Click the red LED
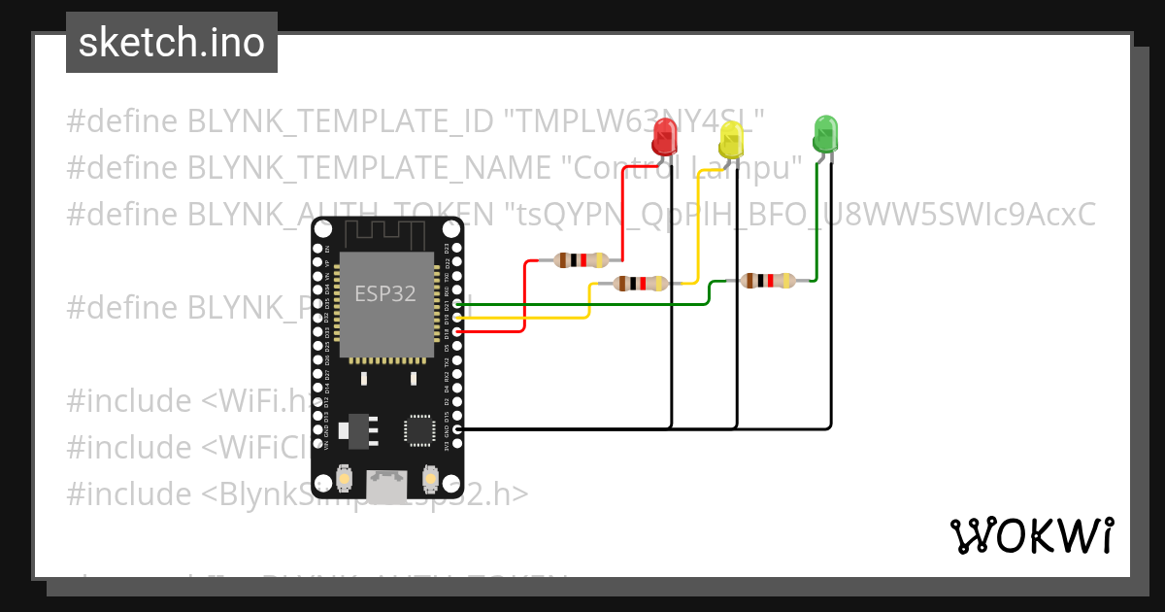tap(664, 136)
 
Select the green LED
tap(824, 133)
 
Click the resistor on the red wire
tap(580, 259)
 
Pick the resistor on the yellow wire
tap(641, 283)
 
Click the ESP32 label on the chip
tap(385, 293)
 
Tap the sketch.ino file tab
tap(172, 43)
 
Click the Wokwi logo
tap(1031, 535)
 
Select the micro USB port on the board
tap(387, 483)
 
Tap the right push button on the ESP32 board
tap(430, 479)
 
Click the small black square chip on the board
tap(419, 429)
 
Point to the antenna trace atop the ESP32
tap(385, 234)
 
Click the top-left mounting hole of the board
tap(323, 229)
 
